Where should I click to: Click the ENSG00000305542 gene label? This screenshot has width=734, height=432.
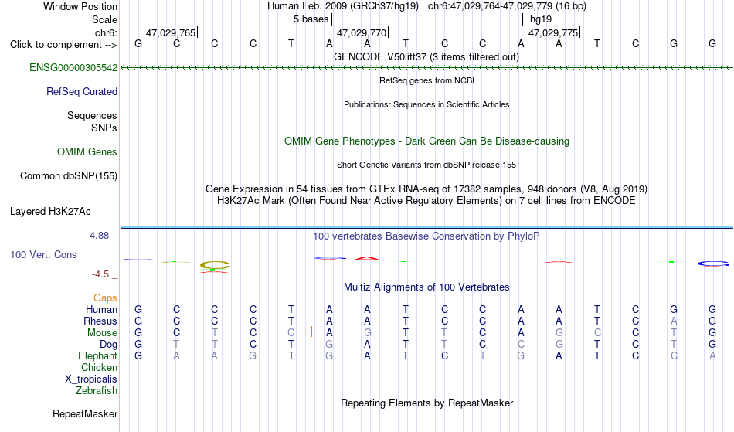[73, 68]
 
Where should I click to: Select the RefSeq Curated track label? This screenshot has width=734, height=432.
[82, 92]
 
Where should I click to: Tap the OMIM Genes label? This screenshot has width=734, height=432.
[87, 152]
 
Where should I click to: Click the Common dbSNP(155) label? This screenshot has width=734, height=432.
[69, 176]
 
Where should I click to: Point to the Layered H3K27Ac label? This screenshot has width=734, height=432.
[50, 212]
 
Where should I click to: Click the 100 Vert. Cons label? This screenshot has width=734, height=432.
[43, 254]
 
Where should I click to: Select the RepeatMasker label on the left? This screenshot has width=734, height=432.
[85, 413]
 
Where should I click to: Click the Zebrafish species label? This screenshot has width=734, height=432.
[97, 390]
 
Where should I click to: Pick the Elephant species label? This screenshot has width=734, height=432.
[98, 355]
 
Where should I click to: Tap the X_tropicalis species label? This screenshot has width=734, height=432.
[91, 379]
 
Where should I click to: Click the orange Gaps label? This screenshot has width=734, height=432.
[105, 298]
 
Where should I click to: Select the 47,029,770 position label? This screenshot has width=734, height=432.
[362, 32]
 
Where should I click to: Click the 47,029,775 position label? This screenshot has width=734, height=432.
[553, 32]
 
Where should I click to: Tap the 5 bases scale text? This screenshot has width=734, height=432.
[311, 19]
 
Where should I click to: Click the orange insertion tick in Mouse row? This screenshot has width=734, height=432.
[312, 332]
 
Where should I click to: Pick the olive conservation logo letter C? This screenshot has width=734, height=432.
[215, 265]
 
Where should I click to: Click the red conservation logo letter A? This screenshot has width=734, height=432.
[367, 258]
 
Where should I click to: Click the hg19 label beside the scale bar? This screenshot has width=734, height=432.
[541, 19]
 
